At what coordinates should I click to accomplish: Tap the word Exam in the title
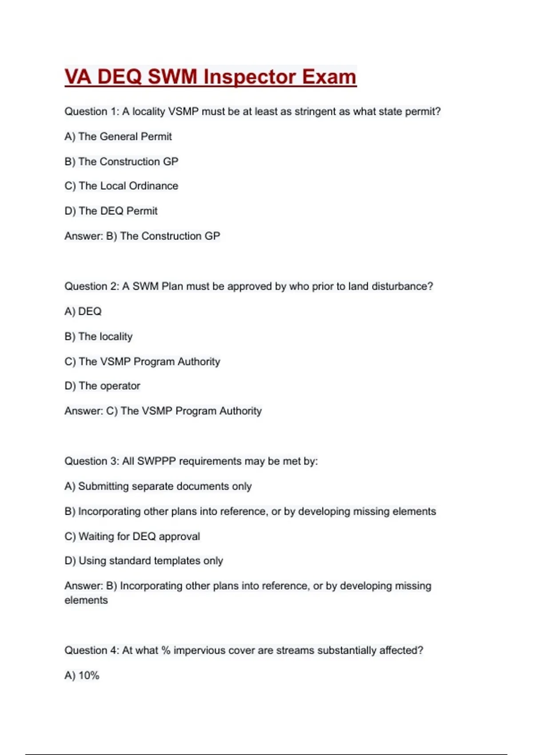coord(329,77)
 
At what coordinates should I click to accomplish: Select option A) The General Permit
coord(118,136)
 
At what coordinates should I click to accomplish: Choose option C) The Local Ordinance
coord(121,186)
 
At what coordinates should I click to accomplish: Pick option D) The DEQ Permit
coord(111,211)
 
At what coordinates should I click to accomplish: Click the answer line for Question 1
coord(142,236)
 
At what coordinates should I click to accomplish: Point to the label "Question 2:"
coord(91,286)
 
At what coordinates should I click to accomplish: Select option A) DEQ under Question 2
coord(83,311)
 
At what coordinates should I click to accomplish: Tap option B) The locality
coord(99,336)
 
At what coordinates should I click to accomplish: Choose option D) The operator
coord(103,385)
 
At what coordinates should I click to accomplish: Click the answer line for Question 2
coord(163,411)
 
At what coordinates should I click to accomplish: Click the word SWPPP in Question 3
coord(156,461)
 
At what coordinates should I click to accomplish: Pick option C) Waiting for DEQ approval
coord(132,536)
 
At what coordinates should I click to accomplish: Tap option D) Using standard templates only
coord(144,560)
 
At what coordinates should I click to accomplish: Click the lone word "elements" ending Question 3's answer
coord(86,600)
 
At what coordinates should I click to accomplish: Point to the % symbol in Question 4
coord(166,650)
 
